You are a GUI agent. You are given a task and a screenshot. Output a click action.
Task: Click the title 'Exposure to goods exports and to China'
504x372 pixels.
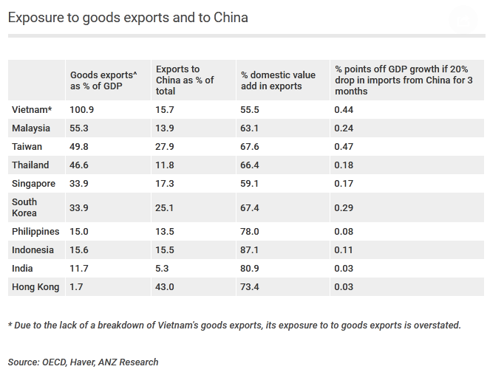tap(128, 17)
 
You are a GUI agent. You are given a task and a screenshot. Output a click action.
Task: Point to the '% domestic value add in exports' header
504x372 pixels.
tap(278, 80)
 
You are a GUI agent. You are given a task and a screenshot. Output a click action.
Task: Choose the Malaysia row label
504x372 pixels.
tap(31, 128)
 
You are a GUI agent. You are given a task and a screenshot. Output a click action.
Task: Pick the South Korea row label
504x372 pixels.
tap(25, 207)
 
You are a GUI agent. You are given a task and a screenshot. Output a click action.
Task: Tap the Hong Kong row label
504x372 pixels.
tap(35, 287)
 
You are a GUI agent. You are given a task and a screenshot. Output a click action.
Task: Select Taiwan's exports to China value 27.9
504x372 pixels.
tap(165, 147)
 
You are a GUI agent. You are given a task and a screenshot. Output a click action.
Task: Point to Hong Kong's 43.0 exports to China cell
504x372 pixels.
tap(165, 287)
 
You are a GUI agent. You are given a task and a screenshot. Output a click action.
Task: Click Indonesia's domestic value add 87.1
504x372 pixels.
tap(251, 250)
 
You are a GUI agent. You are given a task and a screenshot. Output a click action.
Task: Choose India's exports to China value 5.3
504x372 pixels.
tap(162, 269)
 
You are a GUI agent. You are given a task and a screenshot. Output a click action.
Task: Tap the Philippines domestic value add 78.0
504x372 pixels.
tap(251, 232)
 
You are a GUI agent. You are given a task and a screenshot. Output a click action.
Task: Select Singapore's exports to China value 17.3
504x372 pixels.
tap(165, 184)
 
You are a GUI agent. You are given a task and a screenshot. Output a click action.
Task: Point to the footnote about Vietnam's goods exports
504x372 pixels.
tap(234, 325)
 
